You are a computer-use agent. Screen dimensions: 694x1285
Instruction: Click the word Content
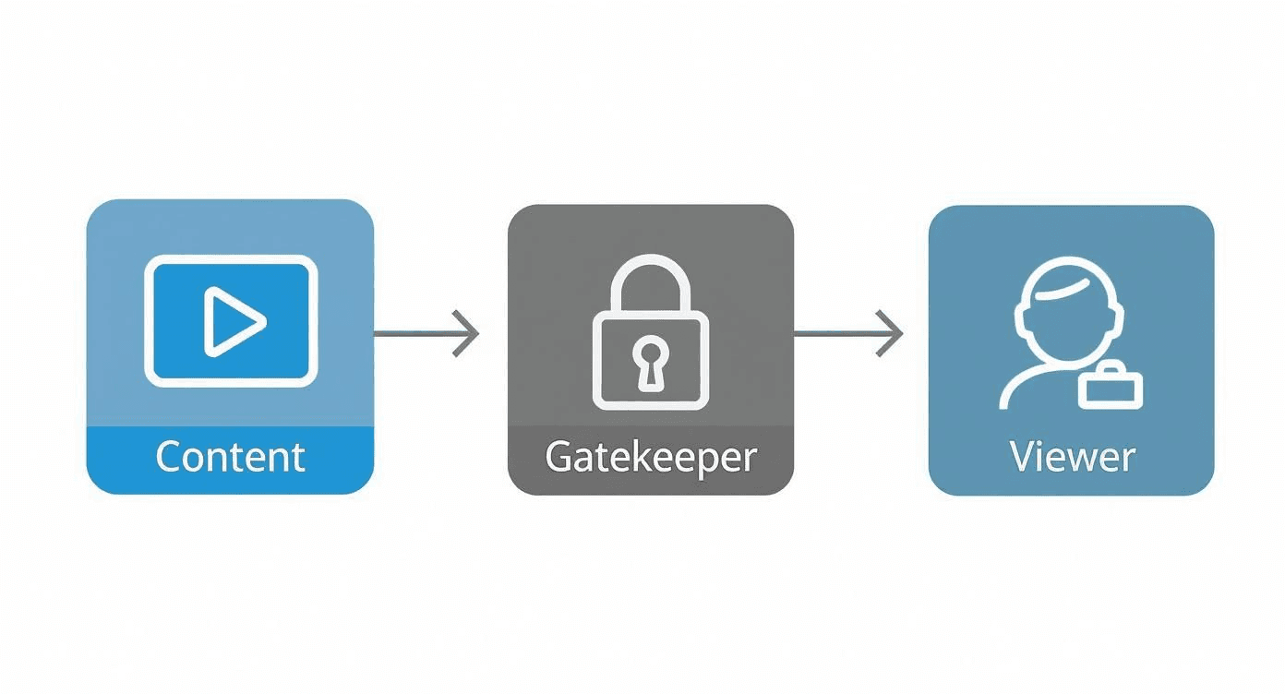[230, 457]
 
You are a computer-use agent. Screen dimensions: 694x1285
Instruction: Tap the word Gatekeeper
[650, 457]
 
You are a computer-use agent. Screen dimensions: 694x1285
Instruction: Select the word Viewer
[1071, 456]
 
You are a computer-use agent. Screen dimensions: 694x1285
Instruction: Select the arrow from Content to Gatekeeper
[425, 332]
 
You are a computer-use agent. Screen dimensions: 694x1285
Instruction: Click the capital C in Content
[169, 457]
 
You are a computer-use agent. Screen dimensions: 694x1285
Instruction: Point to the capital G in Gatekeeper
[558, 457]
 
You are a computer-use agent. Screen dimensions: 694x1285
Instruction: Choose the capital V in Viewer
[1022, 456]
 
